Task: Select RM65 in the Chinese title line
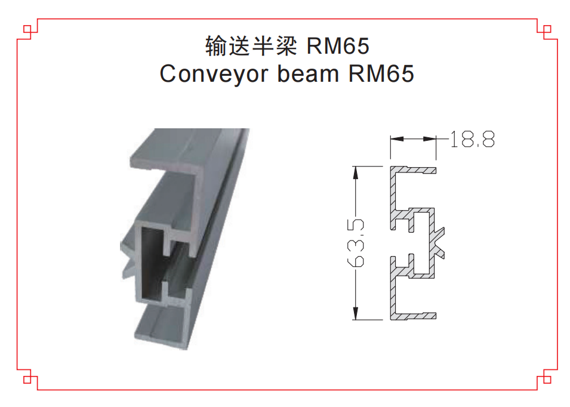(x=338, y=46)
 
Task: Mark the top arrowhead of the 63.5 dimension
(x=356, y=172)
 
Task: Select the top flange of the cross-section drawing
(x=414, y=170)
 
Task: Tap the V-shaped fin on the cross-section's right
(x=442, y=242)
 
